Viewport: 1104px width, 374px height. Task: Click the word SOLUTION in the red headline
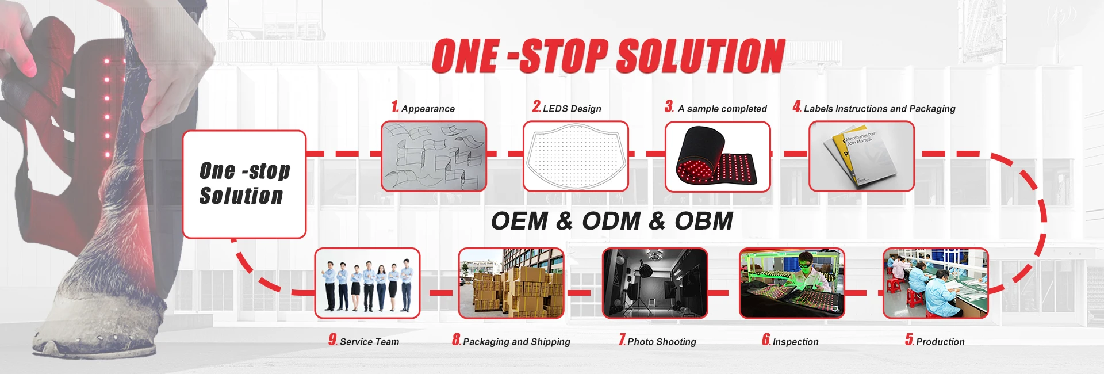click(701, 56)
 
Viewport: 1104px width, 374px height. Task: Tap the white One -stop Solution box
click(244, 184)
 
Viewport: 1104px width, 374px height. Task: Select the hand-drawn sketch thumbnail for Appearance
click(434, 156)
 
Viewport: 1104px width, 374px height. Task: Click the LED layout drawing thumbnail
click(576, 156)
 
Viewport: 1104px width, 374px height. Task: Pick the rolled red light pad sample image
click(718, 156)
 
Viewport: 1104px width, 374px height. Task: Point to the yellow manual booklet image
click(861, 156)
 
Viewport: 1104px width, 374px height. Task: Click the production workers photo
click(936, 283)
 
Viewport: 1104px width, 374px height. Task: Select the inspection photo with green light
click(792, 283)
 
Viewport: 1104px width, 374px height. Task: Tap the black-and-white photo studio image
click(655, 283)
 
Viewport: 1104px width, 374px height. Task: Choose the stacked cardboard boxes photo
click(511, 283)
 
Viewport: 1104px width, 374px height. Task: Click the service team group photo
click(367, 283)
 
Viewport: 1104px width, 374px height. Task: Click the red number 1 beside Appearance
click(395, 106)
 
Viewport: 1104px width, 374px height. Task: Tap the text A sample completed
click(722, 109)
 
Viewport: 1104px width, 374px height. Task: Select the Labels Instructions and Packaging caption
click(880, 109)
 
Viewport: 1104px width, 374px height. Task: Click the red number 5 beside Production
click(909, 339)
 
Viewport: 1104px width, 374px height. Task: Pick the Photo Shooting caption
click(662, 342)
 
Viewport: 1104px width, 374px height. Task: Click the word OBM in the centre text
click(704, 221)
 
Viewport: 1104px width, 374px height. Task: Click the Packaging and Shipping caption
click(516, 342)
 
